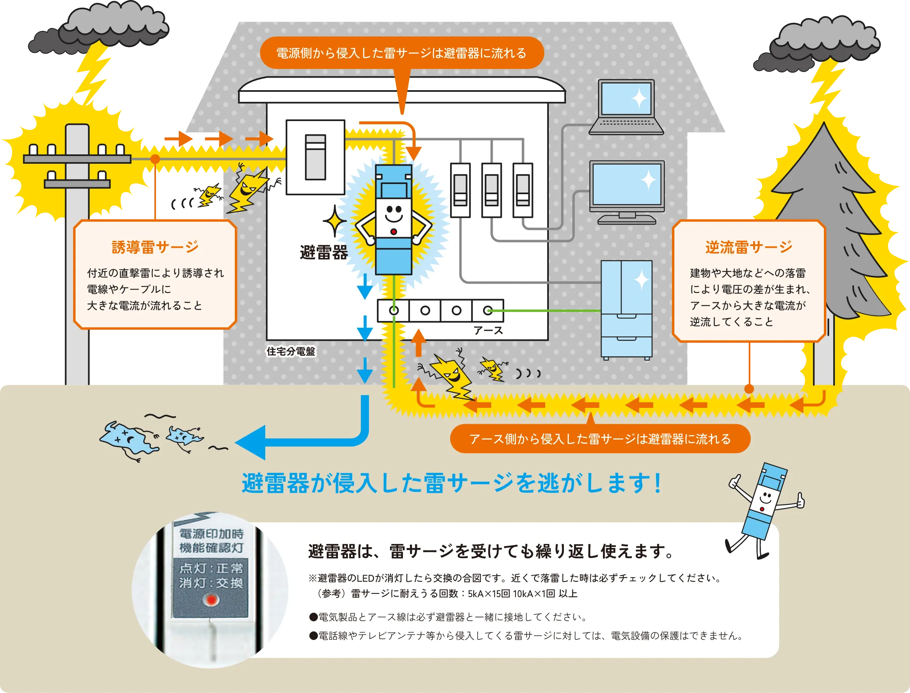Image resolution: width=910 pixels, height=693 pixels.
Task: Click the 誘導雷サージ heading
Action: point(155,247)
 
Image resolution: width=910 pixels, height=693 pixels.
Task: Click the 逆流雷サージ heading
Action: point(748,247)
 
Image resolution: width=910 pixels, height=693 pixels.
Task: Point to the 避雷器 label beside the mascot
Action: point(324,252)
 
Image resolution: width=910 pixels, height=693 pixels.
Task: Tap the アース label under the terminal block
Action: point(488,330)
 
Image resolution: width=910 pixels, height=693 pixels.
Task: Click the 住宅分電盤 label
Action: point(291,351)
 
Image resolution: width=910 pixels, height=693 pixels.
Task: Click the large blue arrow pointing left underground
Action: point(289,442)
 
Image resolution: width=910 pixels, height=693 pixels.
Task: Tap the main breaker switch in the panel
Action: point(316,157)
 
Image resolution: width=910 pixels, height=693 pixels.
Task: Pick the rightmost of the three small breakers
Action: point(523,190)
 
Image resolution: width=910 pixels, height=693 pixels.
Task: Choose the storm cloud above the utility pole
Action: point(103,31)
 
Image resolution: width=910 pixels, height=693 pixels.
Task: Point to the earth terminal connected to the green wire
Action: point(487,311)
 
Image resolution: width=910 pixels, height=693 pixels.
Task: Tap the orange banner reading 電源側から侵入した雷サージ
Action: point(401,53)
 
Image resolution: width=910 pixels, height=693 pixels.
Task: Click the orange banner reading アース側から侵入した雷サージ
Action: point(600,439)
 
